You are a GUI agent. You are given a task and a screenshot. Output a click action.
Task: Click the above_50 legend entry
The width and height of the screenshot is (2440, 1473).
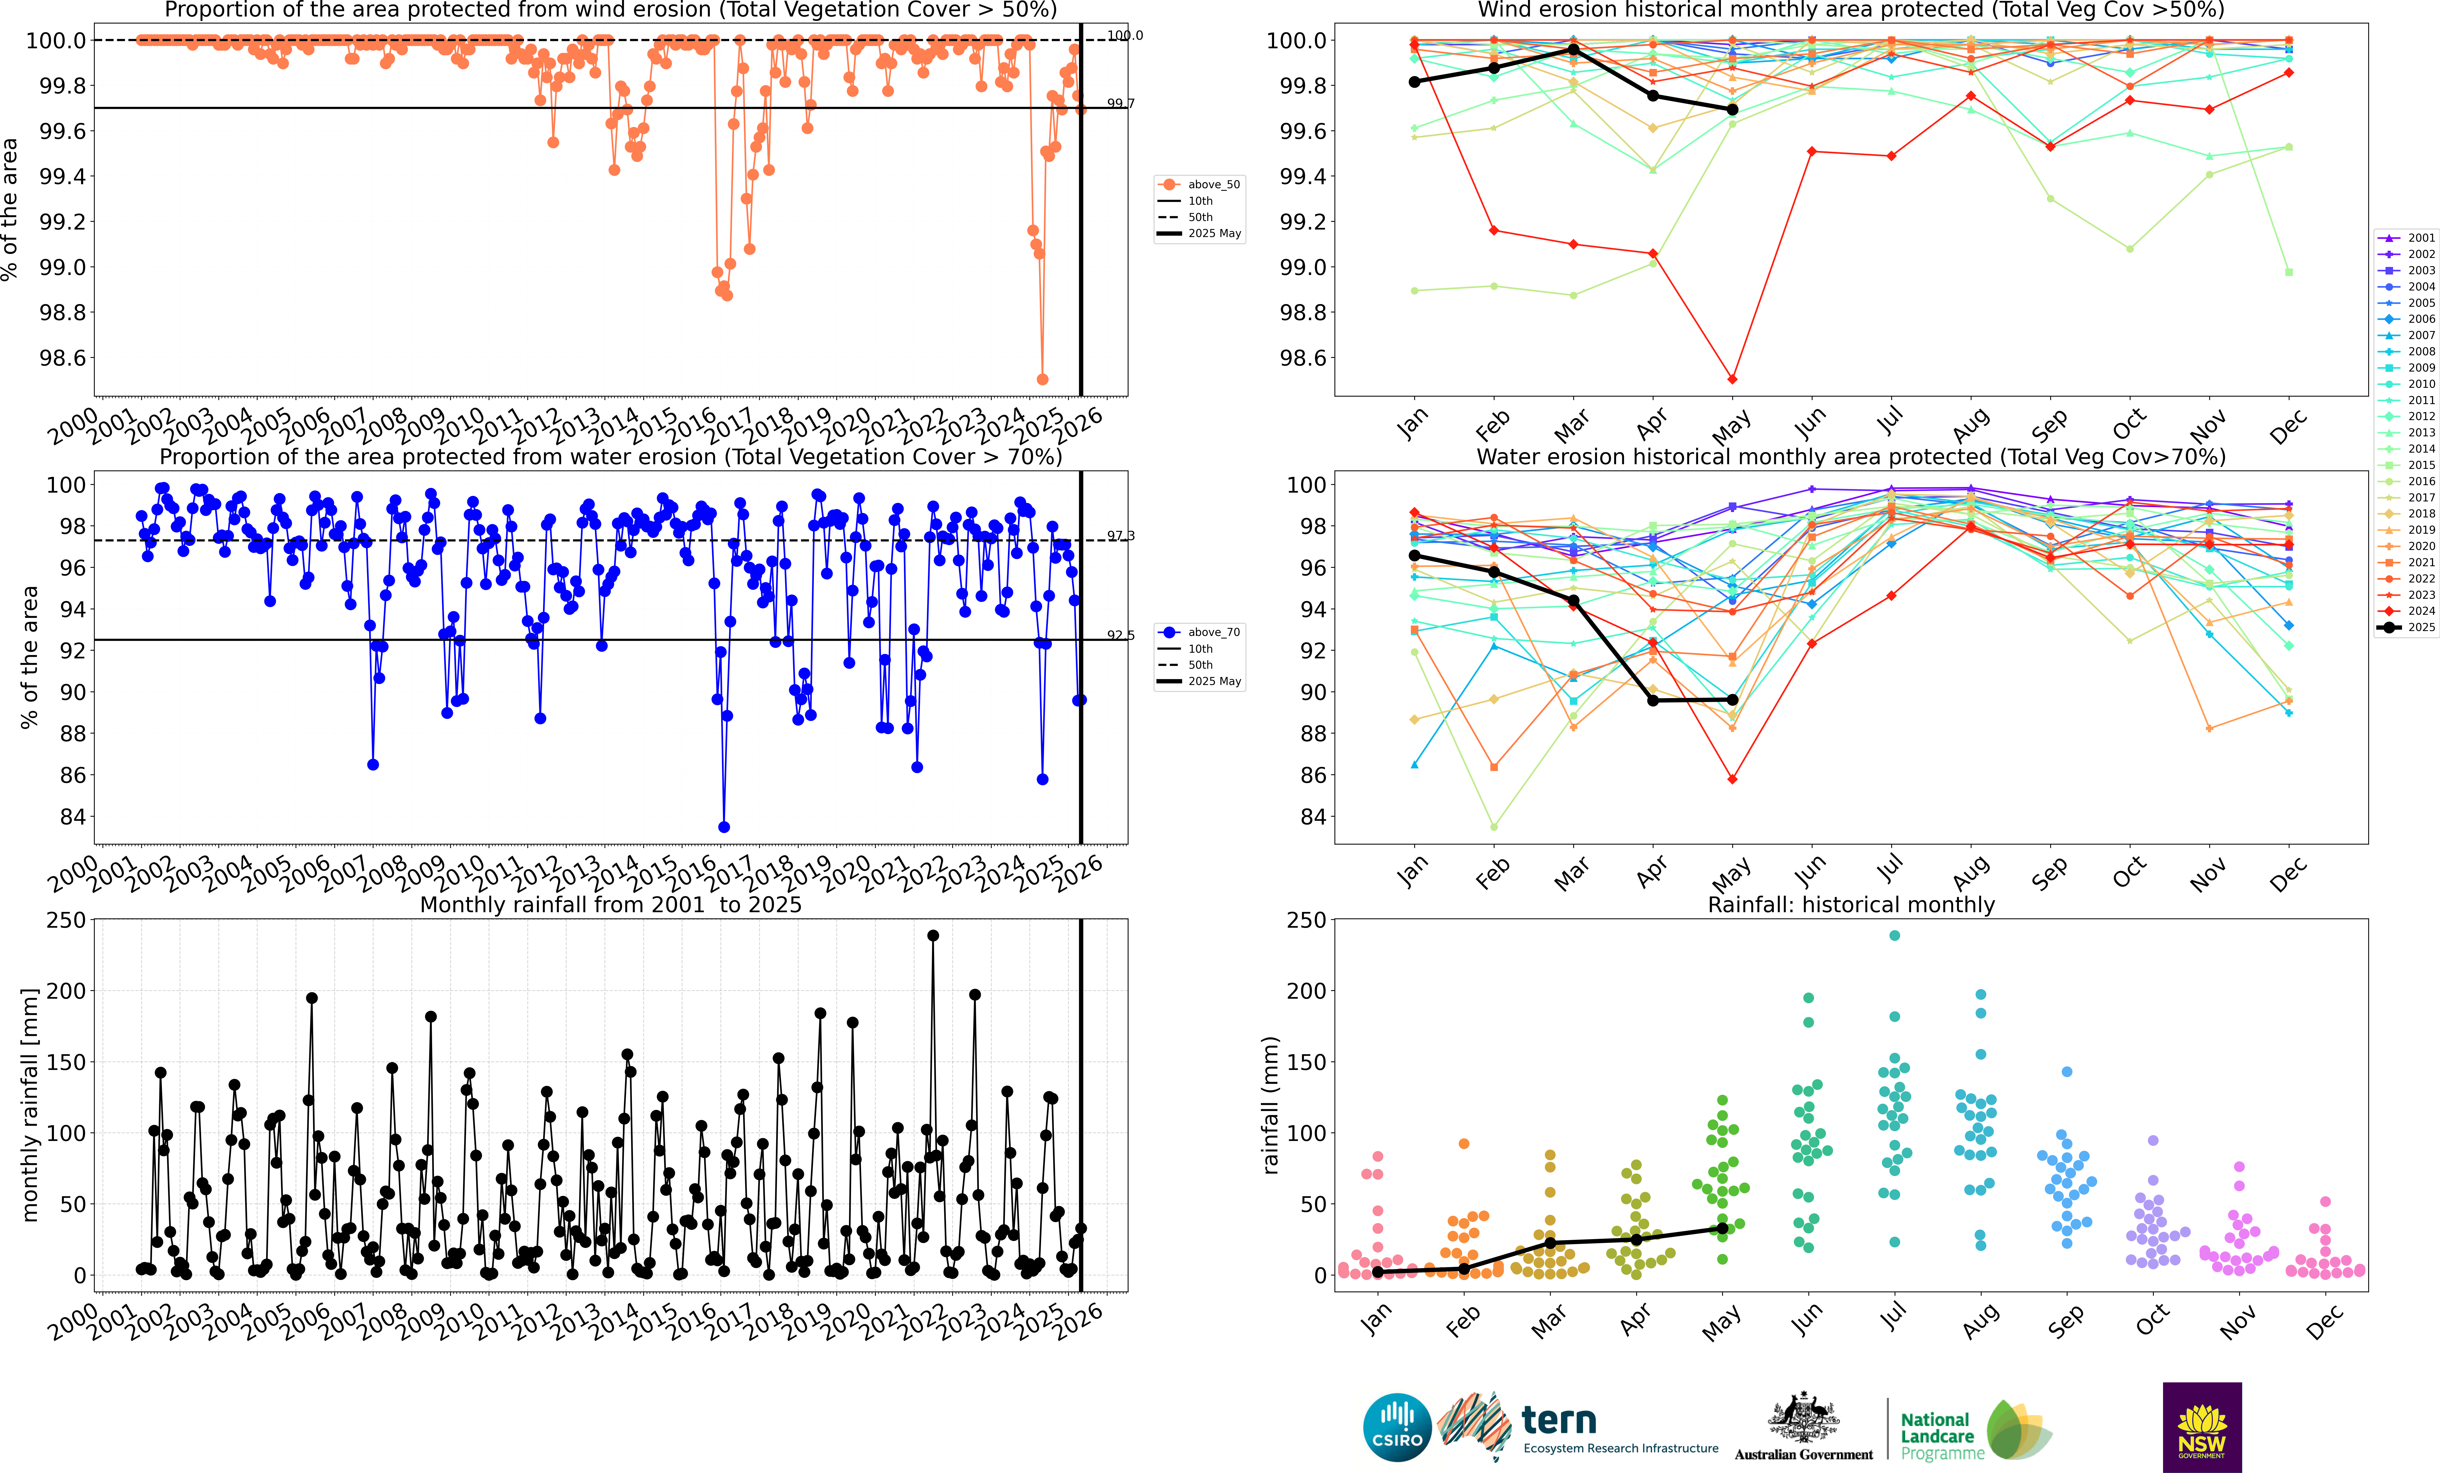[x=1200, y=184]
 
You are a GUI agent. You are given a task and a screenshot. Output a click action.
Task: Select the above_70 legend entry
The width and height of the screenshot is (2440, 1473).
[x=1200, y=632]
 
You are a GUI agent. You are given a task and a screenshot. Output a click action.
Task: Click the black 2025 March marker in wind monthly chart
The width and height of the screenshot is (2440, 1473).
[x=1573, y=50]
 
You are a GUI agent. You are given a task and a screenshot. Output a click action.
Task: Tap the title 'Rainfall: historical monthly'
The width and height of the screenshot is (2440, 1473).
[x=1851, y=904]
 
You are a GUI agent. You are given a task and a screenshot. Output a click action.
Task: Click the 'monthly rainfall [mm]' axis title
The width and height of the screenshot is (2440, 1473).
[x=30, y=1105]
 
